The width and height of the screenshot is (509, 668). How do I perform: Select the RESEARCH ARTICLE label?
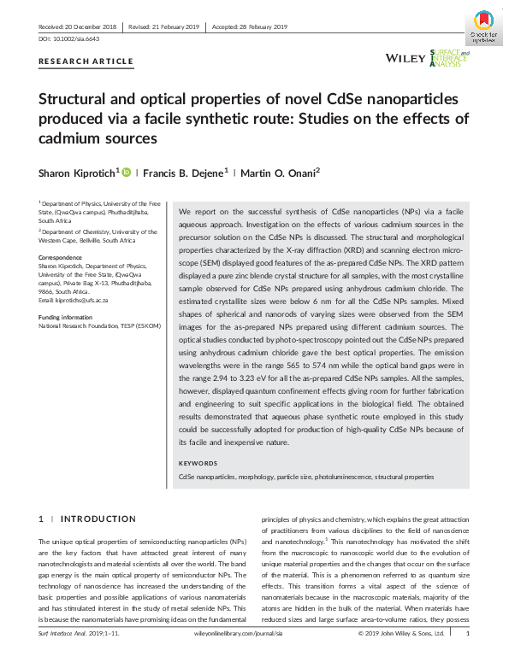tap(86, 62)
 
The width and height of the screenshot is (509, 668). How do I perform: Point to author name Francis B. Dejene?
tap(186, 173)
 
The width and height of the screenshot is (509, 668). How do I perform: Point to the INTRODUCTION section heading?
tap(98, 519)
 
